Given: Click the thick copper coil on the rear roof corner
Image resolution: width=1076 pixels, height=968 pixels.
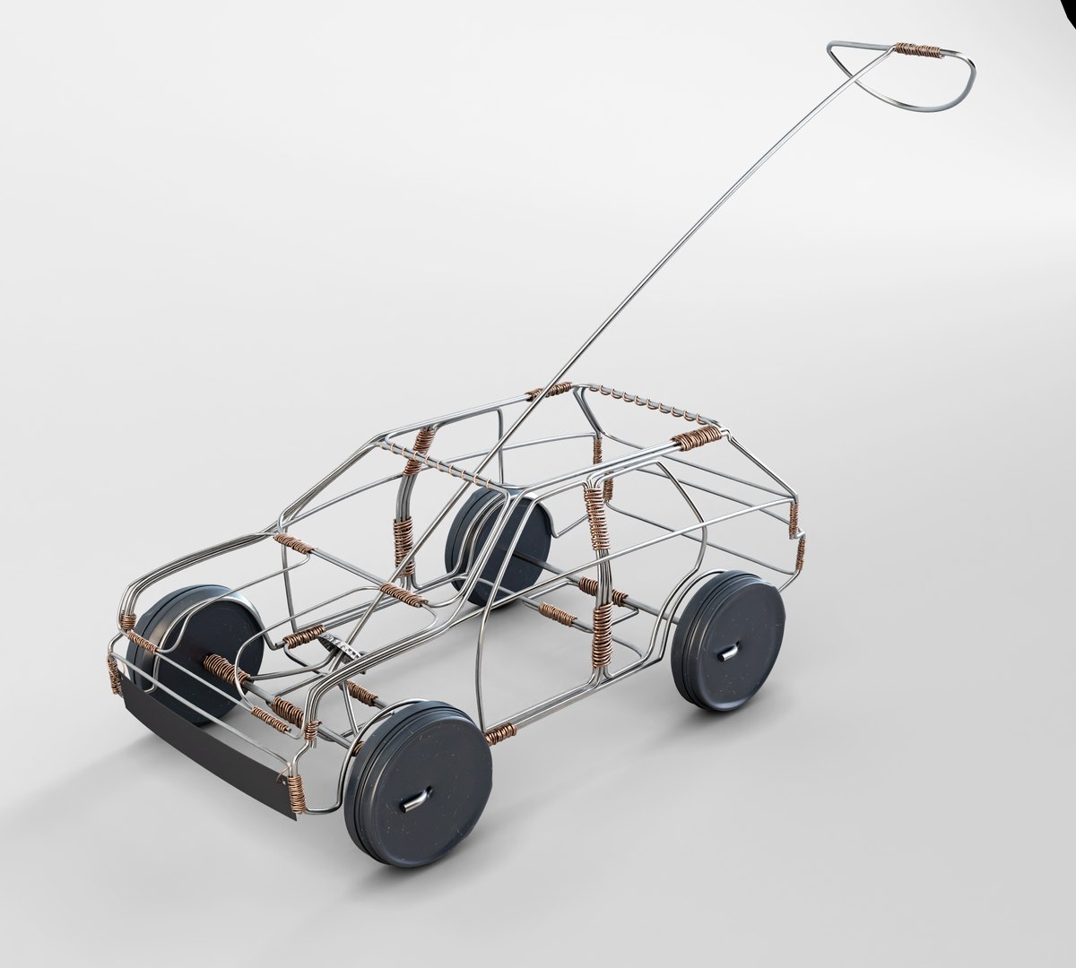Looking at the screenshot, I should [699, 437].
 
